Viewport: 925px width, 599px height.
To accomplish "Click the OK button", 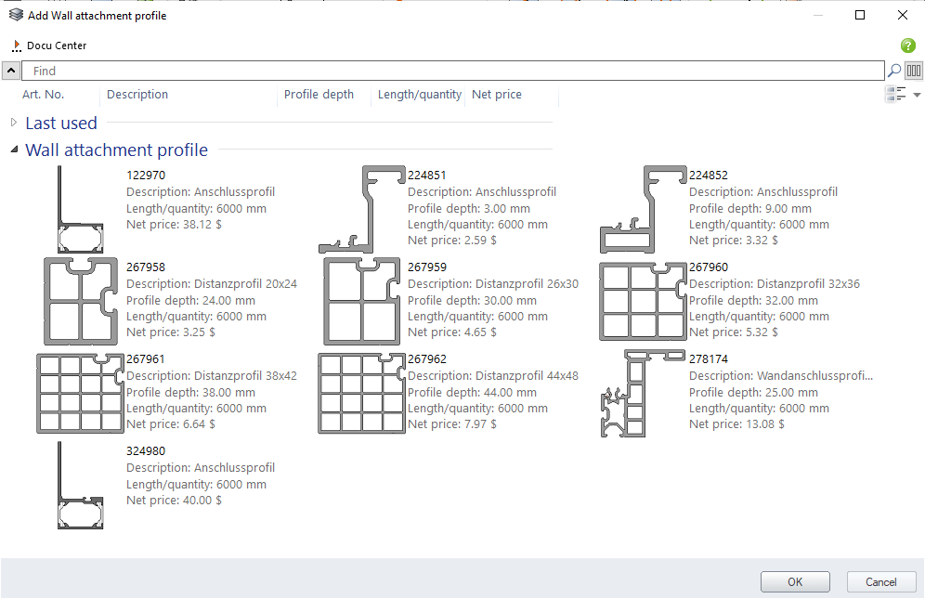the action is pos(795,582).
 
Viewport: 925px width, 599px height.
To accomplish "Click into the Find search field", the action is pos(453,71).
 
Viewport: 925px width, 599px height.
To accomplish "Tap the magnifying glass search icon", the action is pos(894,71).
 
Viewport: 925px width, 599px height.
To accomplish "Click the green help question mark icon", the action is pos(908,46).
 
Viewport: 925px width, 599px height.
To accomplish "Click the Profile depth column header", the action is pos(319,95).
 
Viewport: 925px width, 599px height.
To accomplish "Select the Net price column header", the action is pos(497,95).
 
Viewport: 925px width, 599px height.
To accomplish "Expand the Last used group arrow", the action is pos(14,123).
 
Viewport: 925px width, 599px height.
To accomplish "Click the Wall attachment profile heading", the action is pos(117,150).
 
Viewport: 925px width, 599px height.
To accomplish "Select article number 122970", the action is pos(146,176).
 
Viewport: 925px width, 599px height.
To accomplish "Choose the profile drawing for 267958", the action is pos(81,301).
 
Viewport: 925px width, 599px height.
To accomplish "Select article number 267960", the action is pos(709,267).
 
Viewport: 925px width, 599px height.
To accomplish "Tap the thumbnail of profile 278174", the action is pos(637,393).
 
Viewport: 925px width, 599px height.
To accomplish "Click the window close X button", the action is pos(903,16).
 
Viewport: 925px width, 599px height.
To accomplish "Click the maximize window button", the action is pos(860,16).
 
